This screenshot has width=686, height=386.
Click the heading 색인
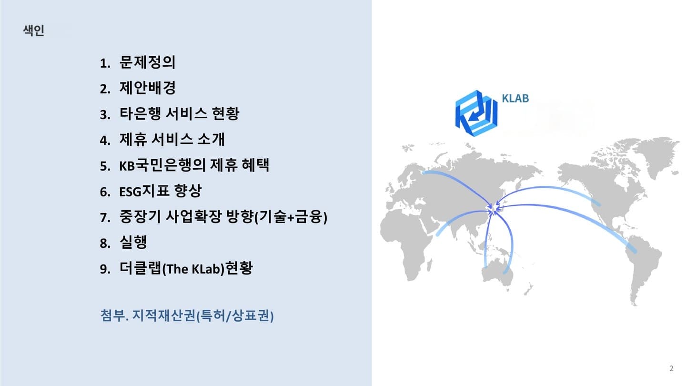(34, 30)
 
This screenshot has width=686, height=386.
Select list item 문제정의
(147, 62)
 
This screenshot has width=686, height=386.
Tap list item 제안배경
(147, 88)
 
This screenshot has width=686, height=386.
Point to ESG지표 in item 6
(144, 191)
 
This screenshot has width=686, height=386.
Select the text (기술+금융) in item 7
(291, 216)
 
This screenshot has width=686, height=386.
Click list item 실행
(133, 242)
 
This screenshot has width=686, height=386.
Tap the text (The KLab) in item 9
(193, 269)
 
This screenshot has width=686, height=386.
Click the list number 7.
(105, 217)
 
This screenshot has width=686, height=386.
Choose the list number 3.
(105, 114)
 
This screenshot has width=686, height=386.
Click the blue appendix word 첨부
(112, 315)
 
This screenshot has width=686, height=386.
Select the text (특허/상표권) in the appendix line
(234, 315)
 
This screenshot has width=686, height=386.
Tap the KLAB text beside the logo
(515, 98)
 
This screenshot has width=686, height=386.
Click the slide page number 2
(671, 368)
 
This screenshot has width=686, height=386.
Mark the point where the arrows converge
(493, 210)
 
